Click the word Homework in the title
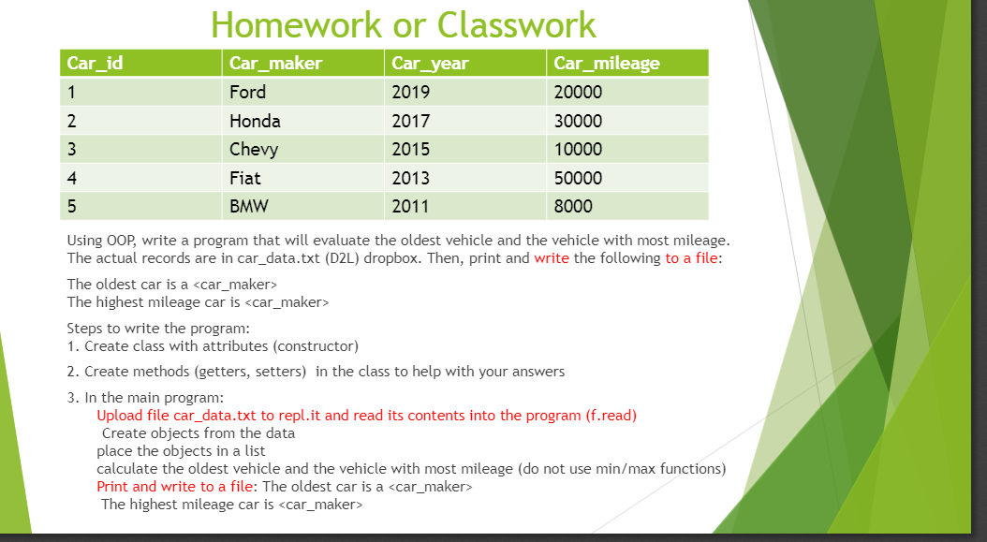pos(296,25)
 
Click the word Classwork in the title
pos(516,25)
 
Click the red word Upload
pos(120,416)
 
